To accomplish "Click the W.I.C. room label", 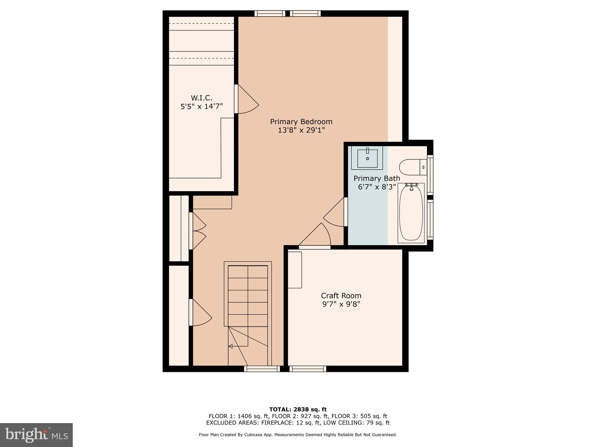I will pos(201,98).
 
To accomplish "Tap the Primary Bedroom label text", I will pos(301,121).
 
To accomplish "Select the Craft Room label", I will pos(341,296).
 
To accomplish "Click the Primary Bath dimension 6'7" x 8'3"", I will pos(377,187).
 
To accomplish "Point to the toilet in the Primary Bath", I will pos(412,167).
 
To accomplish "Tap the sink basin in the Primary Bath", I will pos(367,159).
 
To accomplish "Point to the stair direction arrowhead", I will pos(230,346).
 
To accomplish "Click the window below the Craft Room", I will pos(308,369).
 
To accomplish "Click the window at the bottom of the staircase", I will pos(262,369).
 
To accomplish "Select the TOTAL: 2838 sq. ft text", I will pos(298,409).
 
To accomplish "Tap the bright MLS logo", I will pos(36,435).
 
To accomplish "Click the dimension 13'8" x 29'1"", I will pos(301,130).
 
